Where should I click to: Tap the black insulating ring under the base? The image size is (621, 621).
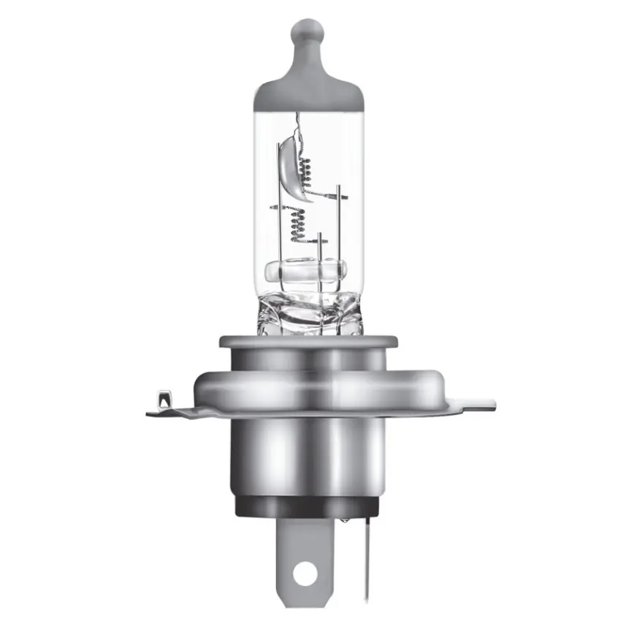(309, 504)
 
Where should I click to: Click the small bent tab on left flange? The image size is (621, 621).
(162, 401)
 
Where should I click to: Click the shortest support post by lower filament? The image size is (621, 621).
(320, 248)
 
